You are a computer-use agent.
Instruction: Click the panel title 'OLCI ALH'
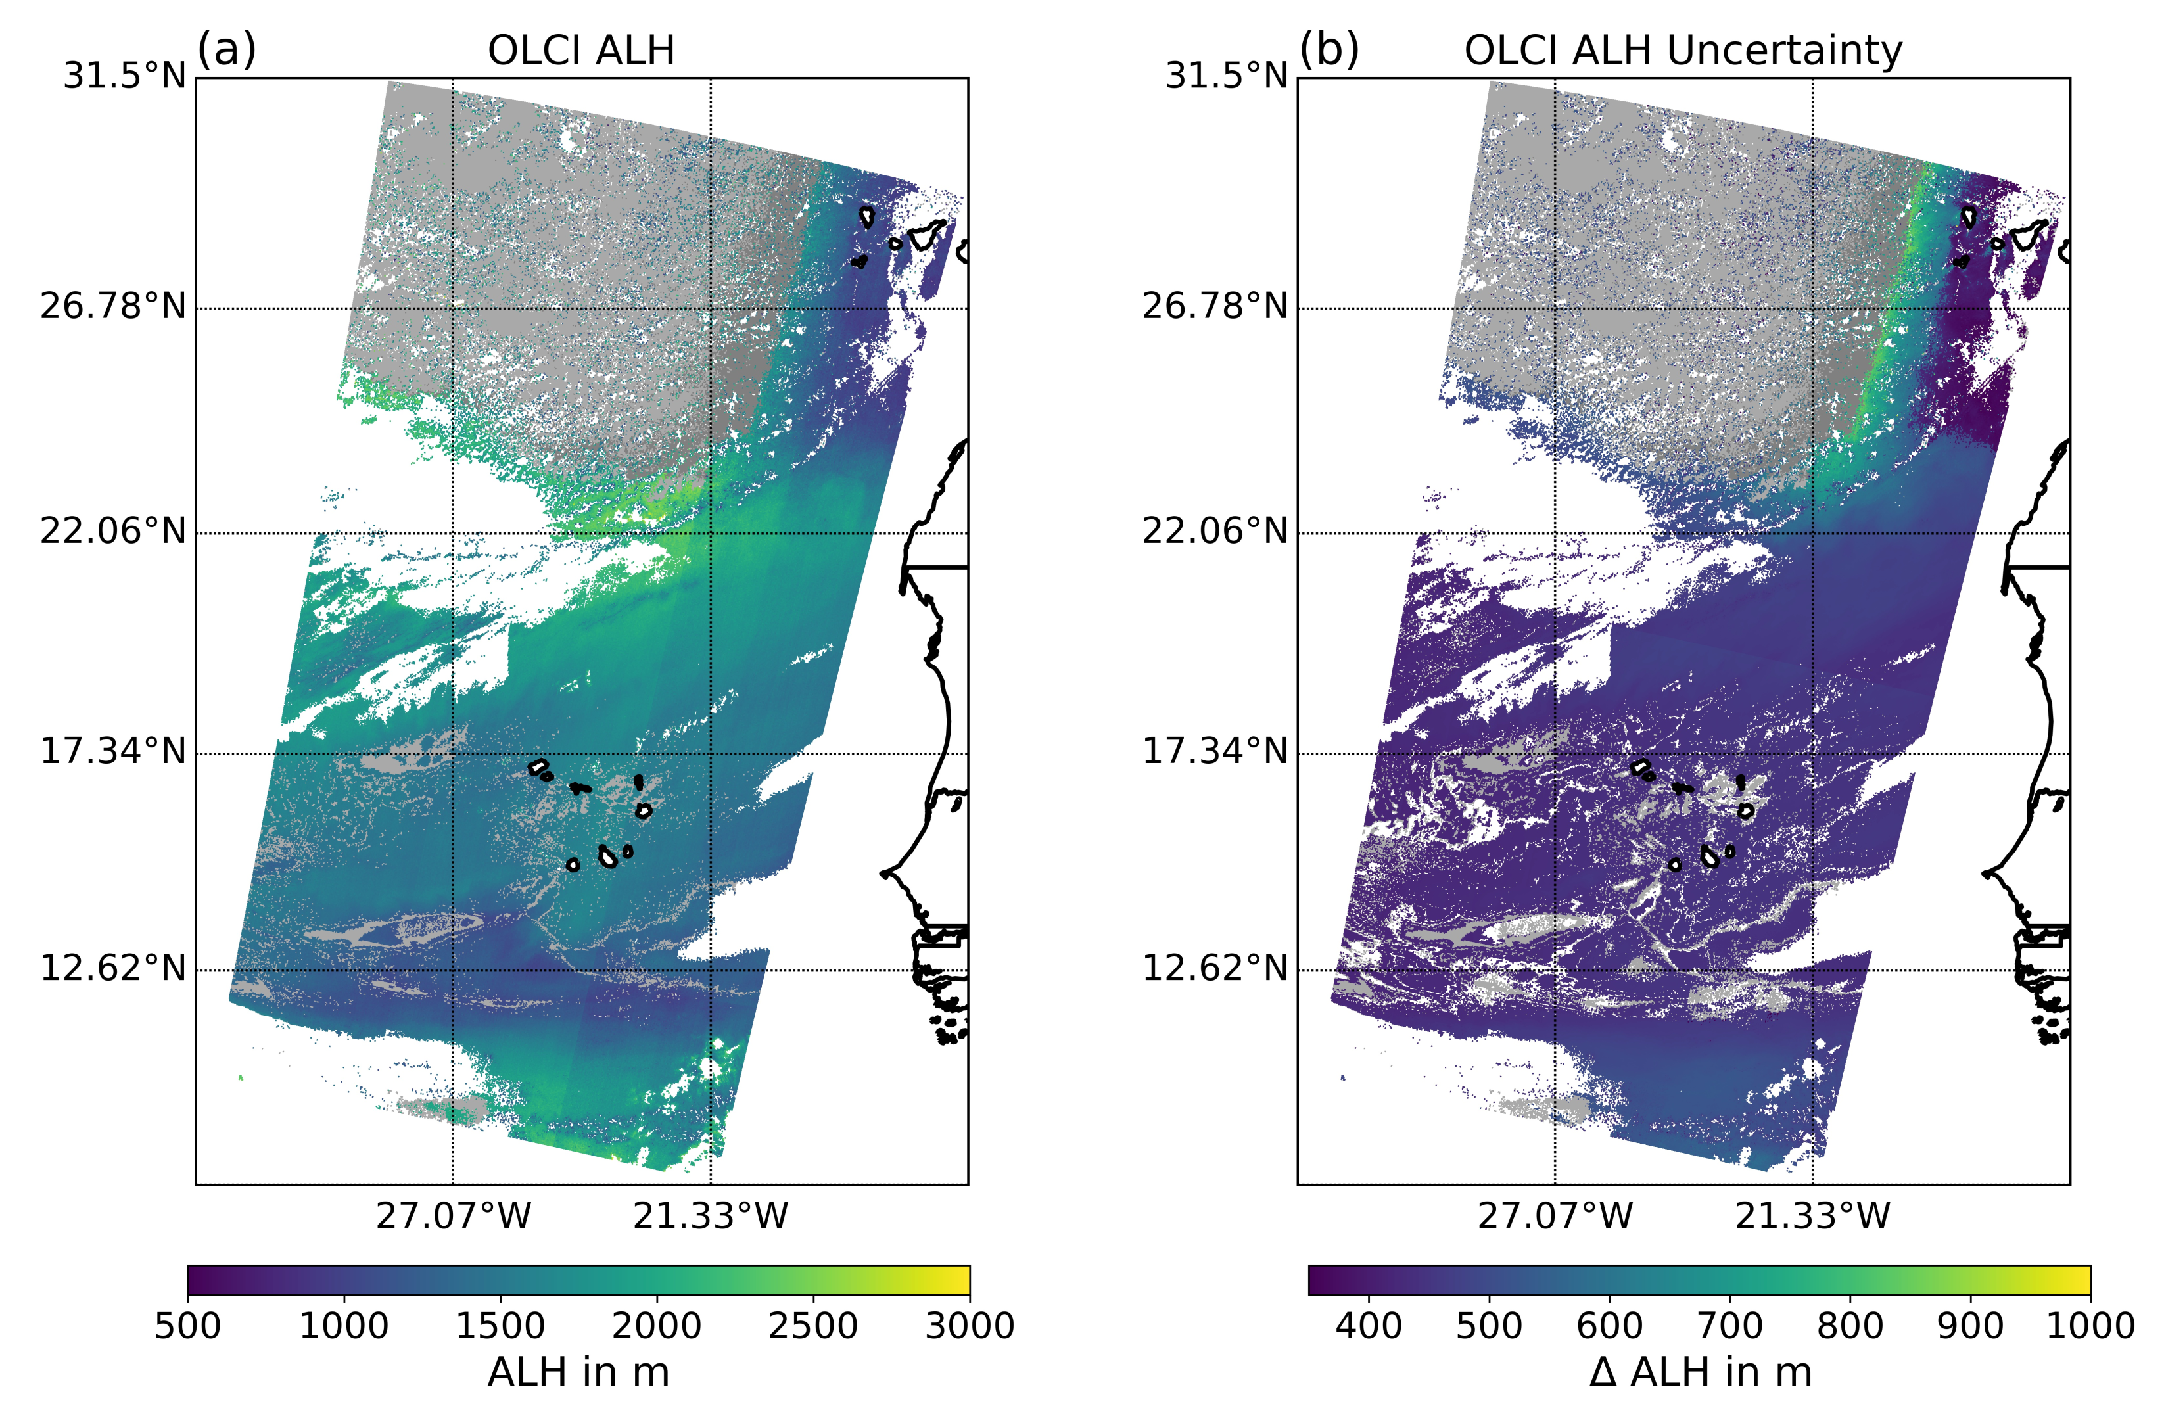(x=581, y=50)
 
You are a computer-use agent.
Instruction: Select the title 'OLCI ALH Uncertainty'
(x=1682, y=50)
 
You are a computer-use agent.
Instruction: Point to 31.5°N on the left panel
(x=124, y=76)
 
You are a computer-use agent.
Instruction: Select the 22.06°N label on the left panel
(x=113, y=530)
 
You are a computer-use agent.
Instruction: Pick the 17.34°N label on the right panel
(x=1215, y=751)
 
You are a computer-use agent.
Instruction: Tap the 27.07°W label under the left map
(x=453, y=1216)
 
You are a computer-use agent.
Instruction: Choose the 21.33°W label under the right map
(x=1812, y=1216)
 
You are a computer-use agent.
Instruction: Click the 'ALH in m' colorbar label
(x=578, y=1372)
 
